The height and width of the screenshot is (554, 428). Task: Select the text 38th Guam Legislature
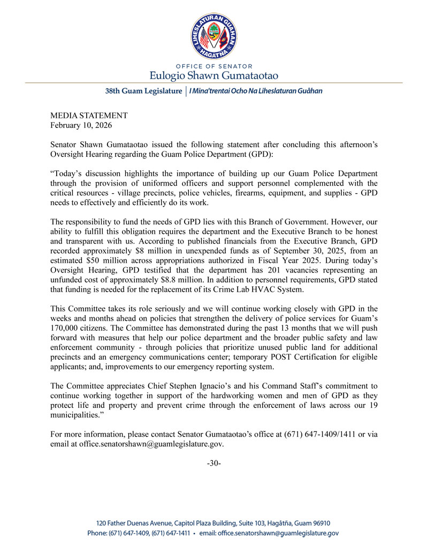coord(143,91)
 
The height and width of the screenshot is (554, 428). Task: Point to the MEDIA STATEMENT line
coord(89,115)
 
